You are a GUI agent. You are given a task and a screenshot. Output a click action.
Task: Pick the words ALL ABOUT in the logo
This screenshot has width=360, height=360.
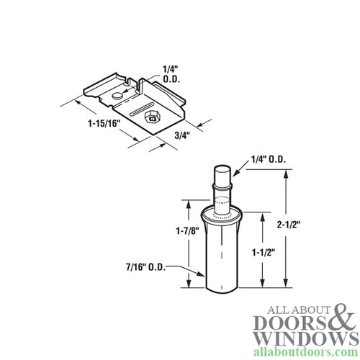point(287,301)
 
